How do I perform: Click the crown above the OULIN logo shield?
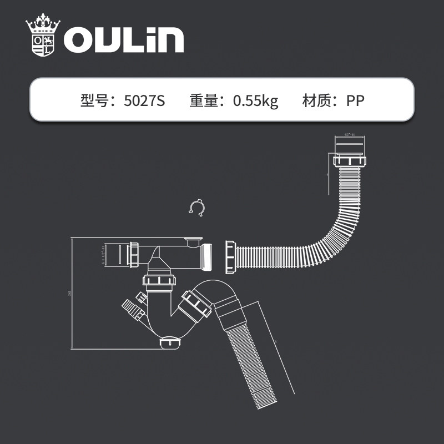[43, 25]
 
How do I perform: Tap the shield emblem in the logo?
[43, 45]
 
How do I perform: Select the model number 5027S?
[145, 101]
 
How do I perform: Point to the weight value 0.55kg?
[255, 101]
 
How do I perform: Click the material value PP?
[355, 101]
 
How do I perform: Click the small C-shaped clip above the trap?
[197, 207]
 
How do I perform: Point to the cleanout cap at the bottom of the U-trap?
[170, 344]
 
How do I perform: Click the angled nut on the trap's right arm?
[196, 305]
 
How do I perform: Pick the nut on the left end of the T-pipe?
[135, 255]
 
